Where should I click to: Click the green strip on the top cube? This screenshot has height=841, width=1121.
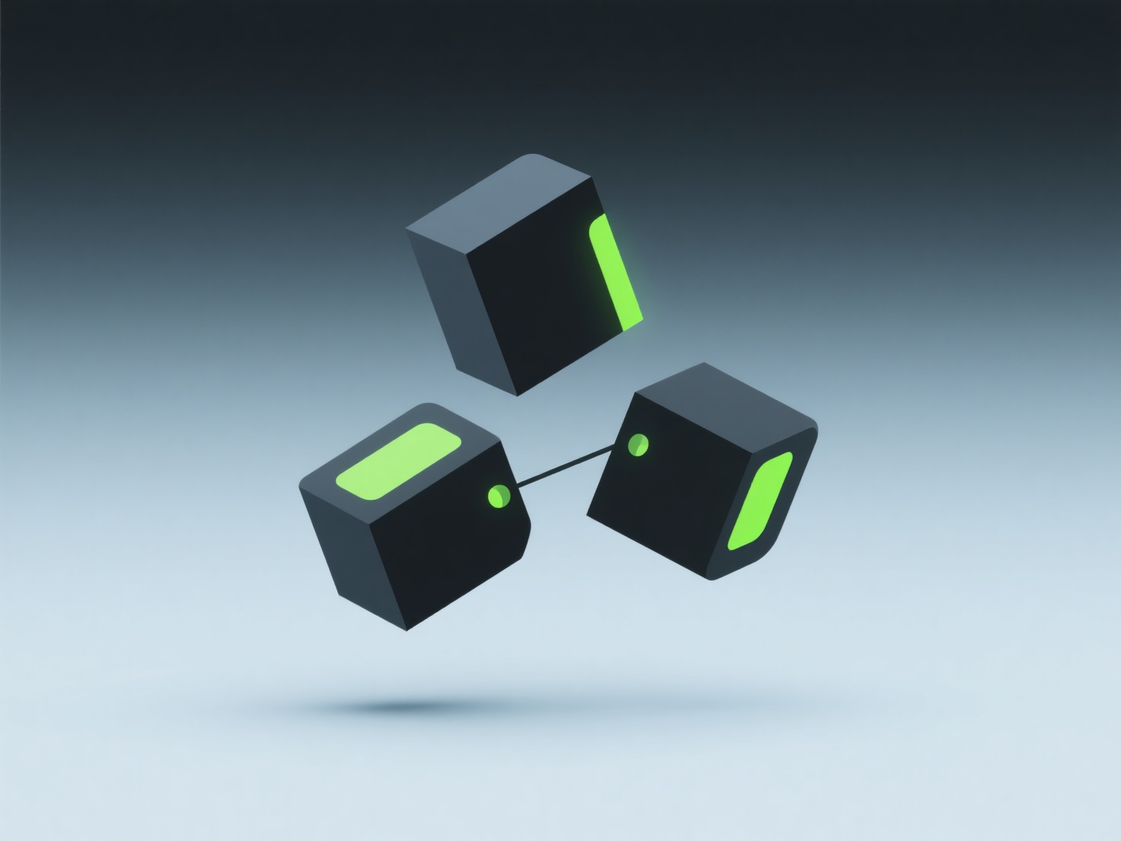point(615,272)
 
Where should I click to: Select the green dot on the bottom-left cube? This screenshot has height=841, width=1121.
point(499,496)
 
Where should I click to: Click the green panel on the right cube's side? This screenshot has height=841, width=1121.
point(760,502)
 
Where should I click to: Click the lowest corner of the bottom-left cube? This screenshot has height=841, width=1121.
point(407,630)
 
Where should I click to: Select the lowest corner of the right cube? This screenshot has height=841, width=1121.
point(712,580)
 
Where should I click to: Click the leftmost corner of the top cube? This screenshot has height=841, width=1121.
point(407,228)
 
